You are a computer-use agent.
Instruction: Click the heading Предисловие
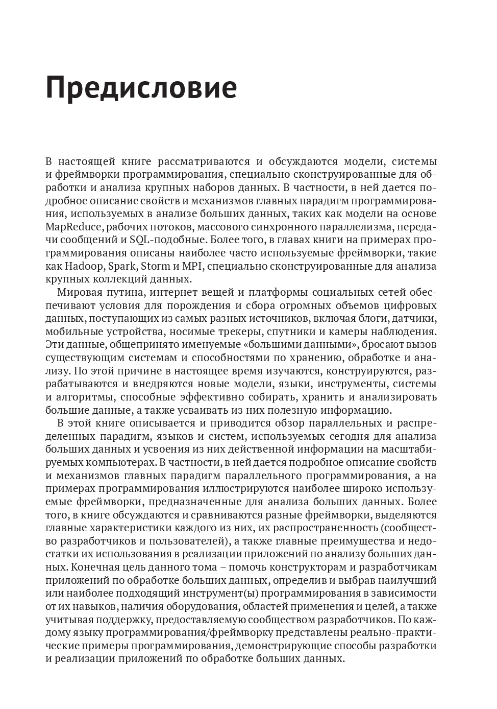(141, 87)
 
